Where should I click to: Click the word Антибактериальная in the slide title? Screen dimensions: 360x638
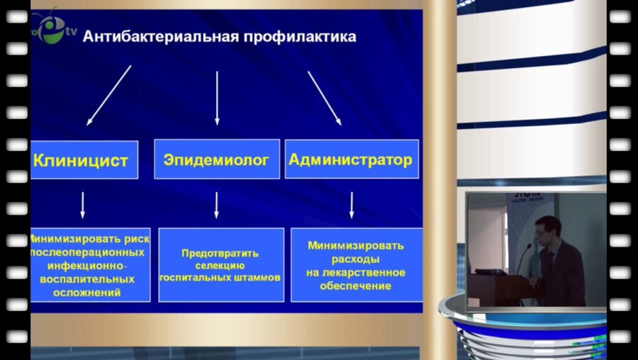coord(159,36)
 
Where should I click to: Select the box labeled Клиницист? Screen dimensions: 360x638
coord(81,160)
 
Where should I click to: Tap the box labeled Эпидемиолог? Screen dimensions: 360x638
coord(216,160)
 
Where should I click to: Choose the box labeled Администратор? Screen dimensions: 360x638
coord(351,159)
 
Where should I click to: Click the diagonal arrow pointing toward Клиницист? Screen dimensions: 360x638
coord(109,95)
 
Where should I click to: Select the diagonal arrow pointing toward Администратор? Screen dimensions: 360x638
coord(325,98)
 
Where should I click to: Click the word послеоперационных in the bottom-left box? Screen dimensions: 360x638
coord(87,252)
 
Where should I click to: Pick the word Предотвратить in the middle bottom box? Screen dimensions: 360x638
coord(220,253)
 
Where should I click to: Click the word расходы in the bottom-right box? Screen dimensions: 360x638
coord(356,259)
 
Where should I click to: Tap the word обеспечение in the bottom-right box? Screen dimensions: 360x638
coord(355,286)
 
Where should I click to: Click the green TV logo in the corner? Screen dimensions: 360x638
coord(50,28)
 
